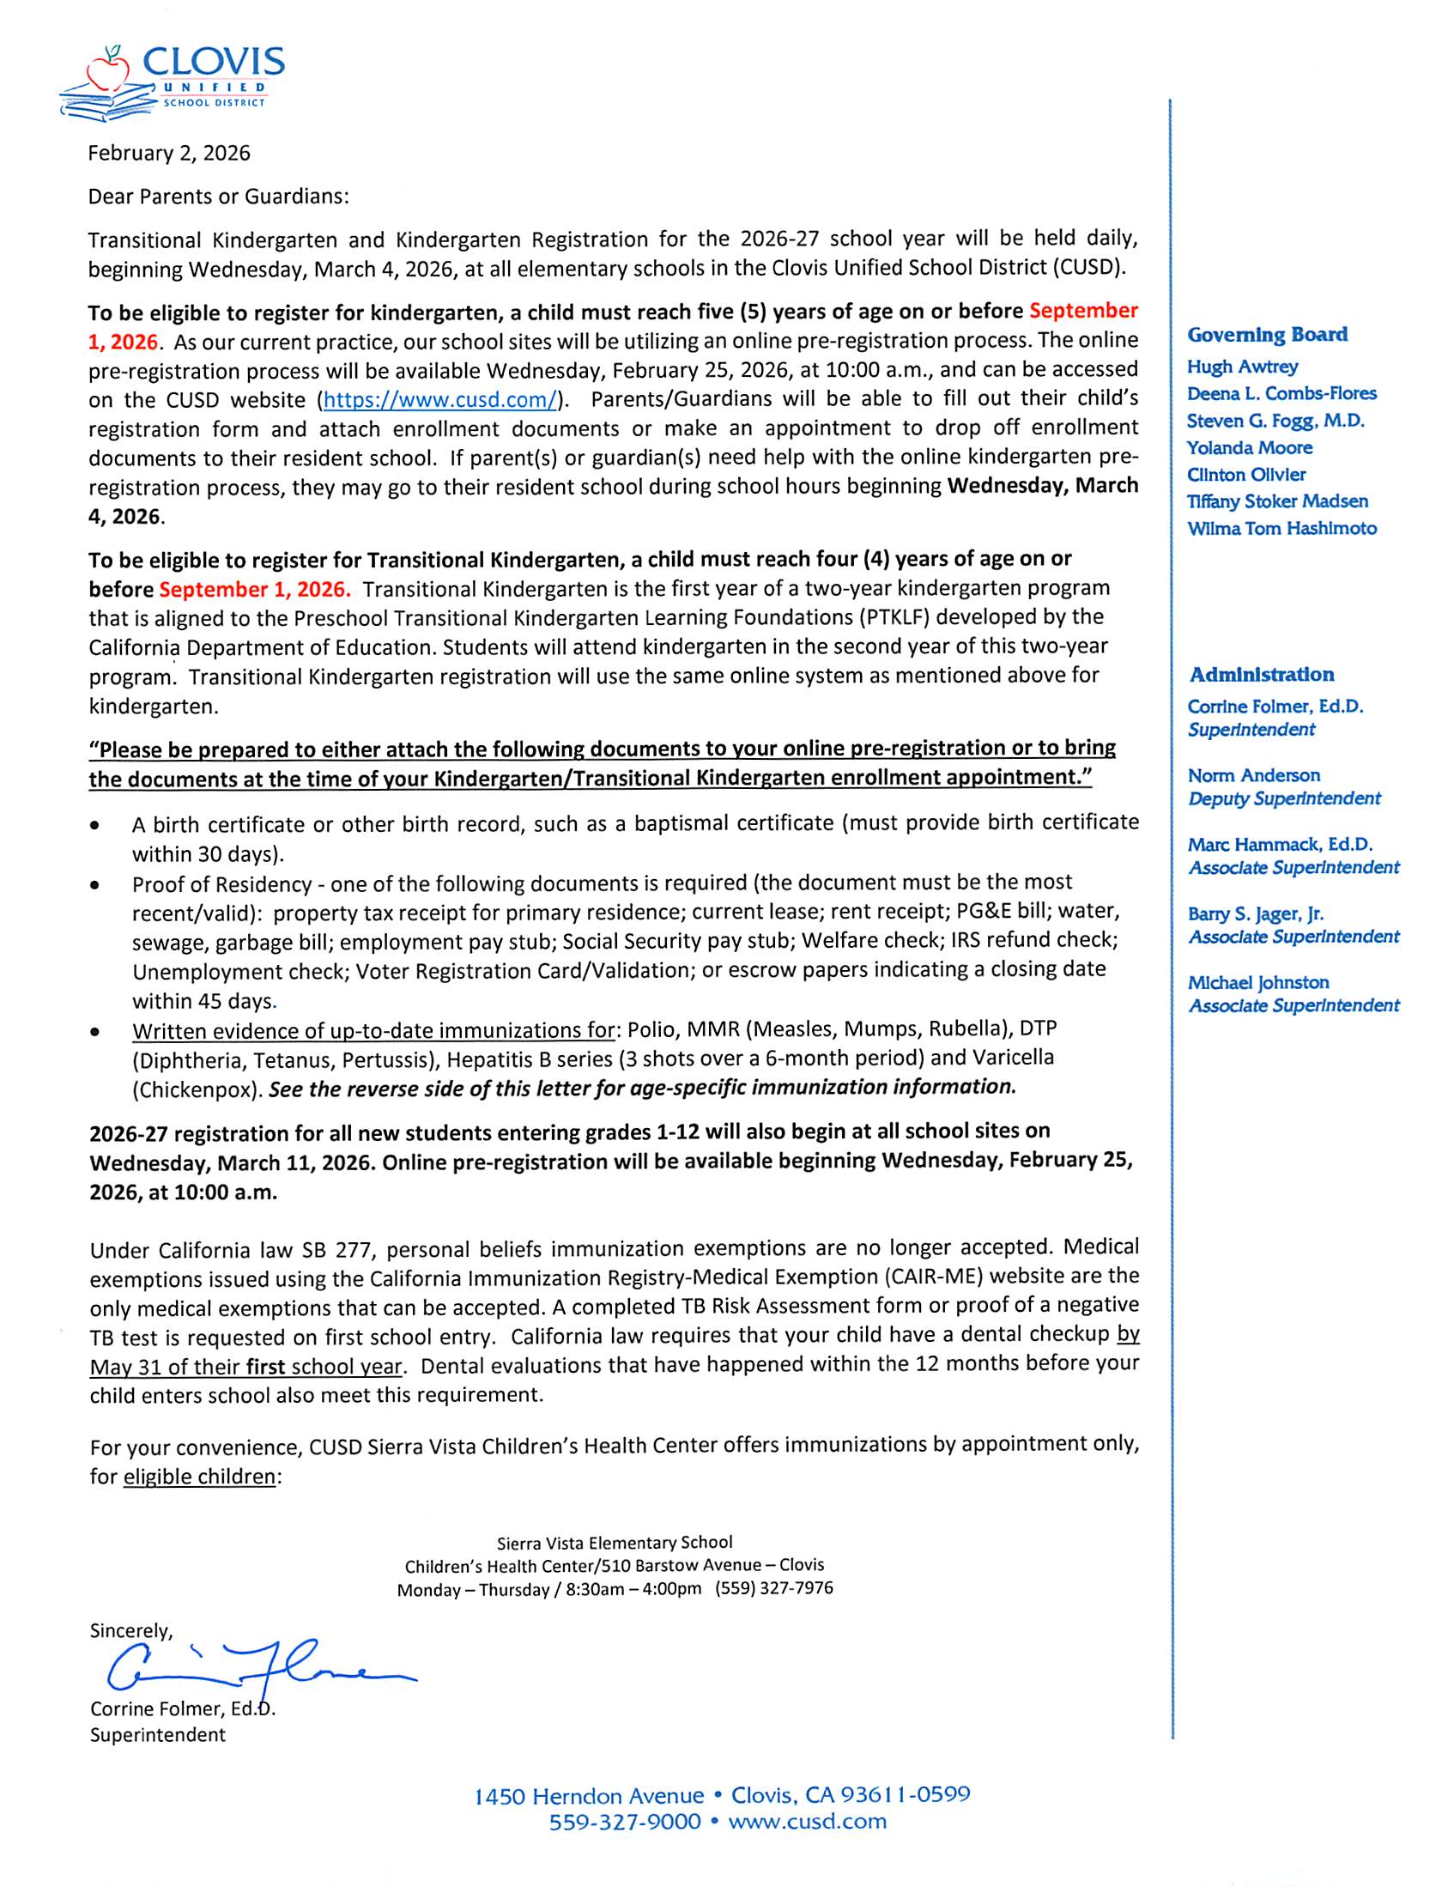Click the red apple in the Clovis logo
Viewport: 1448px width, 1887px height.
[108, 70]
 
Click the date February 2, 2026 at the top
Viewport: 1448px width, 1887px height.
[169, 154]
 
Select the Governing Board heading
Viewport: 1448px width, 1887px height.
[1267, 335]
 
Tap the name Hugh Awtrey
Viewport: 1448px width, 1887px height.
[1241, 367]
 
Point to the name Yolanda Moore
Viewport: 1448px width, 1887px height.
[1249, 447]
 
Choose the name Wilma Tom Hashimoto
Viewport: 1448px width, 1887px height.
[1281, 529]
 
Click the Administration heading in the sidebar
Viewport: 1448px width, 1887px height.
[1261, 674]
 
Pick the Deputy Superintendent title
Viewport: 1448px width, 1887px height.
[1284, 798]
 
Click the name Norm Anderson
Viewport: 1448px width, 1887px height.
[1253, 775]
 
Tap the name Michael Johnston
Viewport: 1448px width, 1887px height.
[1257, 982]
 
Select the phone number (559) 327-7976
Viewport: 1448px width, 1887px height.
[773, 1588]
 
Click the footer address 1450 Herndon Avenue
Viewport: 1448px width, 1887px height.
[589, 1796]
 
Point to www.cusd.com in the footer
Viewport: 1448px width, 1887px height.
[807, 1822]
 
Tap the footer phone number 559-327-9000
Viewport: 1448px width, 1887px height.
[625, 1822]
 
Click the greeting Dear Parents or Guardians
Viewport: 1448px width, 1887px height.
[218, 197]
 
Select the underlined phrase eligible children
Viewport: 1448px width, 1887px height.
[199, 1477]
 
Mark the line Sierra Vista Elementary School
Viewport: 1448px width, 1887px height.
[615, 1542]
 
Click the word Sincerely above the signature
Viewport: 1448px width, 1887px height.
[131, 1630]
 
